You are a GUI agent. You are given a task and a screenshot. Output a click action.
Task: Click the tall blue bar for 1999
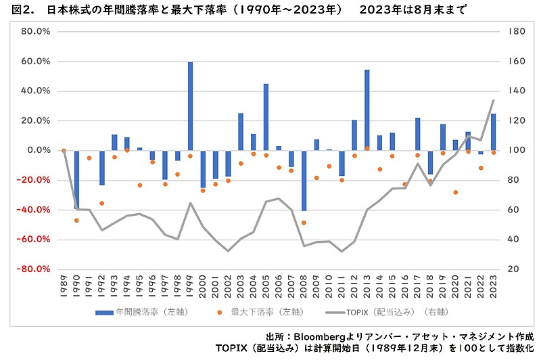pos(191,106)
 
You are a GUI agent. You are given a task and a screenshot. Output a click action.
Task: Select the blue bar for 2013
pos(367,110)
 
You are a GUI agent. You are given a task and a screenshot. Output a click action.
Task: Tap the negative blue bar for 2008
pos(304,180)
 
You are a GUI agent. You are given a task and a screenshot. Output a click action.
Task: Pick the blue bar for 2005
pos(266,117)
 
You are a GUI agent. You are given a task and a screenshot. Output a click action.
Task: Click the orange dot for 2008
pos(304,223)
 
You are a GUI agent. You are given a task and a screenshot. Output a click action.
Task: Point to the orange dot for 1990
pos(76,220)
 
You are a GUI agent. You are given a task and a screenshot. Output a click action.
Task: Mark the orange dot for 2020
pos(455,192)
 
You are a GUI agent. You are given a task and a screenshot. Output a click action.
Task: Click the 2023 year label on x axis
pos(494,287)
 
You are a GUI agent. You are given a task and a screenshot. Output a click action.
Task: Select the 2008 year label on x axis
pos(304,287)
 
